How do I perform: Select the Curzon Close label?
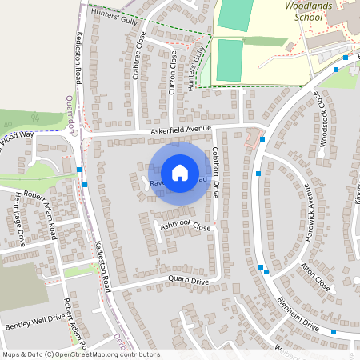(x=173, y=72)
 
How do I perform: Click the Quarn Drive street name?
(x=188, y=282)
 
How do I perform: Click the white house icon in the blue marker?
(x=180, y=172)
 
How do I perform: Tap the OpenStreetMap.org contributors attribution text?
(x=104, y=354)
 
